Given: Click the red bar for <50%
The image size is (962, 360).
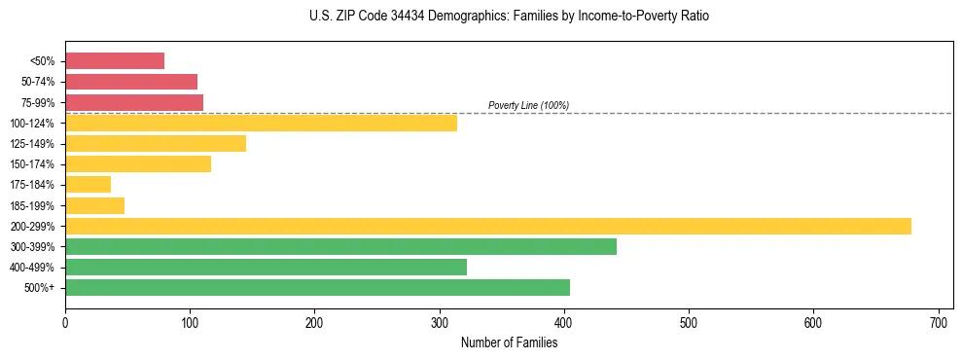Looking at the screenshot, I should pyautogui.click(x=115, y=61).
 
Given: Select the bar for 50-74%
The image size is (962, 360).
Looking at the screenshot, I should pyautogui.click(x=131, y=82).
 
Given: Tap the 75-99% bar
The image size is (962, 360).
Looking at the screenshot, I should pyautogui.click(x=134, y=102).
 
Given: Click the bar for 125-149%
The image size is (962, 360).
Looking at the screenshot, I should pyautogui.click(x=156, y=143).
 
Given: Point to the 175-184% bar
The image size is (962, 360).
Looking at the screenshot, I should pyautogui.click(x=89, y=184).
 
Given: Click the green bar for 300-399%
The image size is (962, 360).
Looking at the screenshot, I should pyautogui.click(x=340, y=246).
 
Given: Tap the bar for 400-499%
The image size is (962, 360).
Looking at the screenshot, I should pyautogui.click(x=266, y=267).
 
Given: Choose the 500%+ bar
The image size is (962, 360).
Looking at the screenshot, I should pyautogui.click(x=317, y=287).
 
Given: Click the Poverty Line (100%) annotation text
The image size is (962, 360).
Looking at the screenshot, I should pyautogui.click(x=528, y=105).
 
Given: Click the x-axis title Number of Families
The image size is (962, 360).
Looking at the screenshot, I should pyautogui.click(x=509, y=342).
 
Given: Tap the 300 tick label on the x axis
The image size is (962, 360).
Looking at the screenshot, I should pyautogui.click(x=440, y=321).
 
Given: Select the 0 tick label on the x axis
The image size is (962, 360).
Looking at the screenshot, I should pyautogui.click(x=65, y=321).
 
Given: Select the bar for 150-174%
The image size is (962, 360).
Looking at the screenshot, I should pyautogui.click(x=138, y=163).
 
